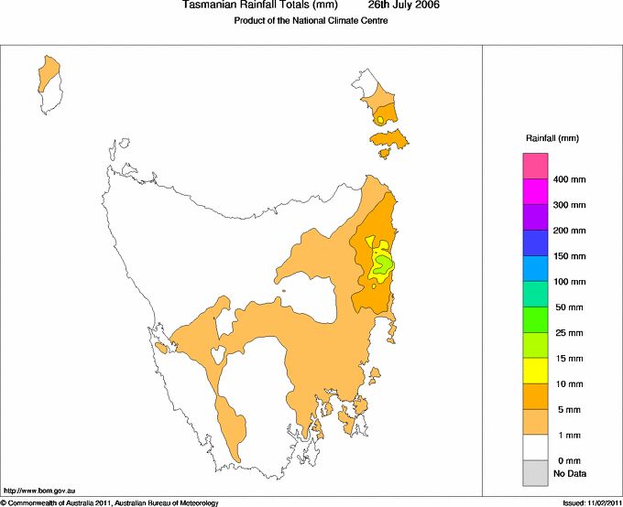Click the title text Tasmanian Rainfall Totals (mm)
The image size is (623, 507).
pos(260,5)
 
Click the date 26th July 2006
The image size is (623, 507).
pos(404,5)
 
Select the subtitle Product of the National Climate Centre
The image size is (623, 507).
pos(311,21)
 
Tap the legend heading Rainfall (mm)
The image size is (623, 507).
pos(552,138)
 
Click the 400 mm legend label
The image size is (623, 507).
pos(569,179)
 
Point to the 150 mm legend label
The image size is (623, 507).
pos(569,256)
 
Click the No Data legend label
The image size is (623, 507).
pos(569,473)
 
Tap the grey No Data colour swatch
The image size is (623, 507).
pos(535,472)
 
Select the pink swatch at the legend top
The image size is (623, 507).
pos(535,166)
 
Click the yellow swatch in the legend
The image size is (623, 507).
pos(535,370)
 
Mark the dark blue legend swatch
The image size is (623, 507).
pos(535,243)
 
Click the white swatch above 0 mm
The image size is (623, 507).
pos(535,447)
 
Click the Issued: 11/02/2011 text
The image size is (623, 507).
pos(591,502)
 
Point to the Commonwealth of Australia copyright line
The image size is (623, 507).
pos(110,502)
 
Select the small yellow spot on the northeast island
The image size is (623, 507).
pos(379,120)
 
